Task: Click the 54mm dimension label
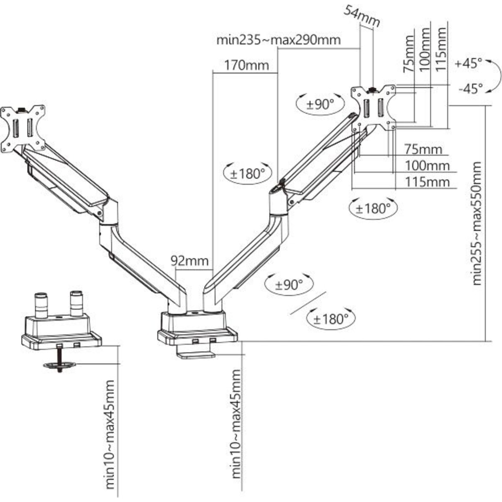362,16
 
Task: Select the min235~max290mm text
278,40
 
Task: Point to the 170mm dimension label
246,66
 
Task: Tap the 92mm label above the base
189,261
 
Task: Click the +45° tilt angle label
468,64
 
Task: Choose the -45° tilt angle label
470,89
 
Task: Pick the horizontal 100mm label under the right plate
427,166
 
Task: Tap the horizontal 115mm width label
427,182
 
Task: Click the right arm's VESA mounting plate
374,108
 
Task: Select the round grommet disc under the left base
59,366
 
